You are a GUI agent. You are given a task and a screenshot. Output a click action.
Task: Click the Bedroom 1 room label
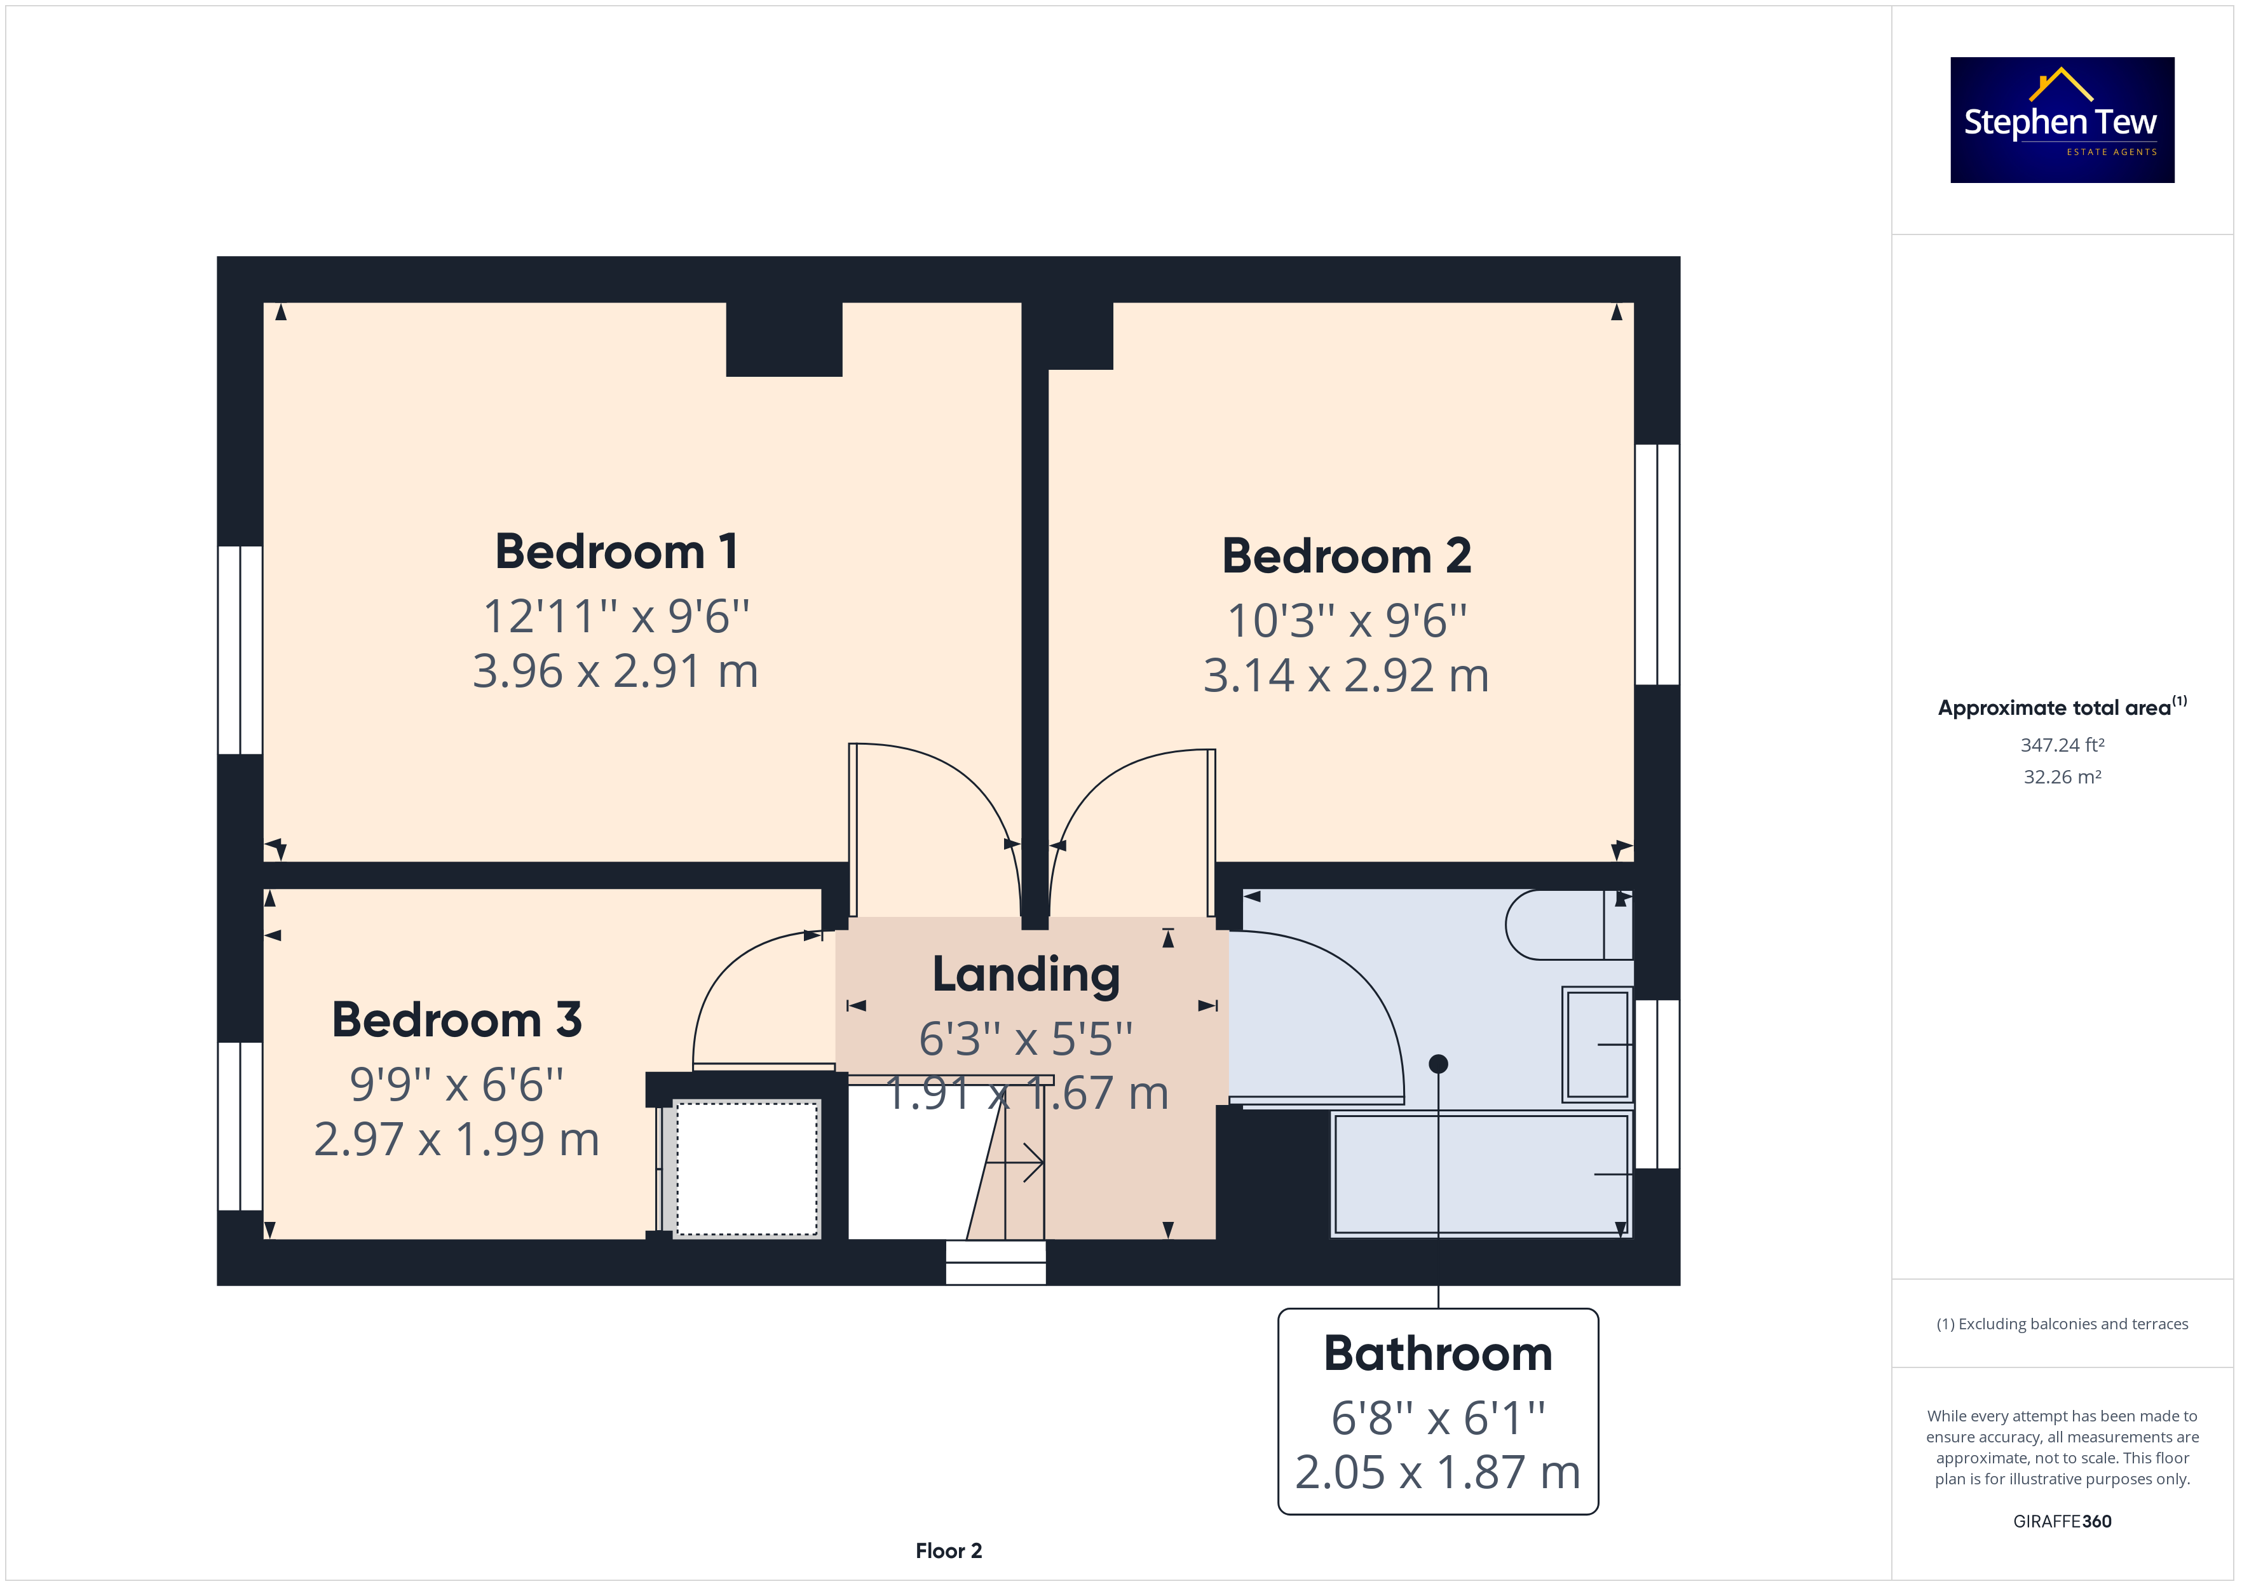click(x=616, y=552)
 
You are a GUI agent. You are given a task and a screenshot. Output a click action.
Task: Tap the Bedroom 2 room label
click(x=1347, y=556)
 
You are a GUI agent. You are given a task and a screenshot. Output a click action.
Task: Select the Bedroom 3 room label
click(x=457, y=1020)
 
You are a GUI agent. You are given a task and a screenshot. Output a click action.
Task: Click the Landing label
click(x=1026, y=975)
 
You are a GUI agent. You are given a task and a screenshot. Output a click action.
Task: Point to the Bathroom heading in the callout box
click(x=1438, y=1353)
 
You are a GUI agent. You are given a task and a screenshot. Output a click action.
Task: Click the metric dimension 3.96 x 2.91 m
click(x=616, y=671)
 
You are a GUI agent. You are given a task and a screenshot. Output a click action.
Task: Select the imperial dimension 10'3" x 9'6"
click(x=1347, y=620)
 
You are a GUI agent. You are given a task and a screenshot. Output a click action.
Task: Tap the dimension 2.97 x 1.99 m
click(x=457, y=1139)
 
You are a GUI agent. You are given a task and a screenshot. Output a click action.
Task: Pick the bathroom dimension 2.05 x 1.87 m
click(x=1438, y=1472)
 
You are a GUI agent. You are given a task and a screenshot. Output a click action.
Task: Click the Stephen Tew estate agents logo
click(x=2062, y=120)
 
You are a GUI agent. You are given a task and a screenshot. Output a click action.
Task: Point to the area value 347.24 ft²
click(x=2062, y=745)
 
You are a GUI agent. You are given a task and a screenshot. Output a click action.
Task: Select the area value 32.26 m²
click(x=2062, y=777)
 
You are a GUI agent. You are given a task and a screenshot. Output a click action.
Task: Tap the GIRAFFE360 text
click(x=2062, y=1522)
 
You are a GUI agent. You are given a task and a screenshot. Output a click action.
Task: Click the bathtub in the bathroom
click(x=1481, y=1174)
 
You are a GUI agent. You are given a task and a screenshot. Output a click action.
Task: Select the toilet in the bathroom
click(x=1569, y=924)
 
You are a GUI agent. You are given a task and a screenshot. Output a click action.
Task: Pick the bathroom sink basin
click(x=1598, y=1044)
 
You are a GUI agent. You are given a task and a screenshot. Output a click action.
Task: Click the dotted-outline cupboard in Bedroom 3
click(x=747, y=1169)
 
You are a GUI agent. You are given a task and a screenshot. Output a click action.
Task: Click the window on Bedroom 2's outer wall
click(x=1657, y=564)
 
